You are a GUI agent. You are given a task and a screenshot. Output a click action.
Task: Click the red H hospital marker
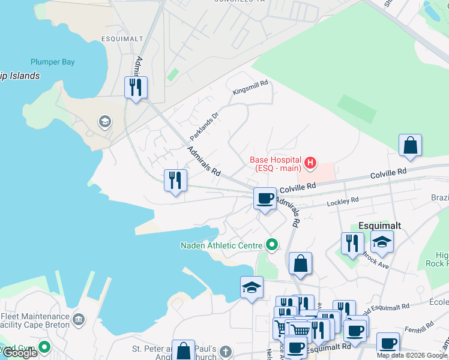(310, 162)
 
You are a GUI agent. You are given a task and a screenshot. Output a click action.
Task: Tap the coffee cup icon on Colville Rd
(264, 198)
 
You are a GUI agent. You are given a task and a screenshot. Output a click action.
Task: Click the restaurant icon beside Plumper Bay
(135, 88)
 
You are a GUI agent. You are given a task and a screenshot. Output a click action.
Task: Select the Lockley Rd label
(342, 202)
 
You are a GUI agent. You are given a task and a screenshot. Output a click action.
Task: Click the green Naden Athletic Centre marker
(272, 244)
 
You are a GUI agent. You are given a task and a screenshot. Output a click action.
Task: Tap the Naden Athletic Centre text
(221, 245)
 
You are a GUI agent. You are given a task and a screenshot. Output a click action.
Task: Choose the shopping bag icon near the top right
(410, 145)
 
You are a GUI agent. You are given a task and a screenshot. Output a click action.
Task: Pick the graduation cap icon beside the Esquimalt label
(382, 241)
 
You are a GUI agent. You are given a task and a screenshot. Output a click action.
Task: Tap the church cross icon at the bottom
(225, 351)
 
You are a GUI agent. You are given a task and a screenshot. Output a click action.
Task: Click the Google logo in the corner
(20, 353)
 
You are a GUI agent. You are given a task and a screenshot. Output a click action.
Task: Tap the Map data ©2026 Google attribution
(411, 355)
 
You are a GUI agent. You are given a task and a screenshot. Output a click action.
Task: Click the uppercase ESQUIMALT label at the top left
(122, 39)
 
